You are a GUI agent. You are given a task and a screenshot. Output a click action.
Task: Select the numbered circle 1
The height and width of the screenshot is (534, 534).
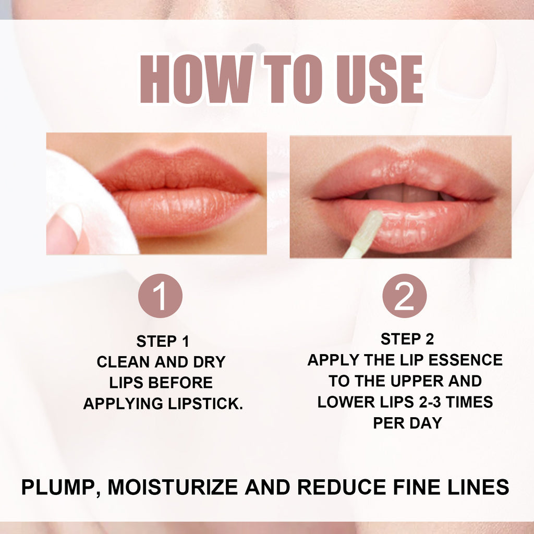(x=160, y=296)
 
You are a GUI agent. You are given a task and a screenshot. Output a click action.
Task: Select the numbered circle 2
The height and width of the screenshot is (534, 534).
(x=404, y=296)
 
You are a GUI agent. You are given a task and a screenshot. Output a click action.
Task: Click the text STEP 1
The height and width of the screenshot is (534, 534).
(x=163, y=342)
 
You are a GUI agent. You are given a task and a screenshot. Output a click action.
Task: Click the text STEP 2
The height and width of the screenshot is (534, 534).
(x=407, y=339)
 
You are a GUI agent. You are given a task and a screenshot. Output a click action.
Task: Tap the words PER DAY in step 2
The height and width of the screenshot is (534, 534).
(x=407, y=422)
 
